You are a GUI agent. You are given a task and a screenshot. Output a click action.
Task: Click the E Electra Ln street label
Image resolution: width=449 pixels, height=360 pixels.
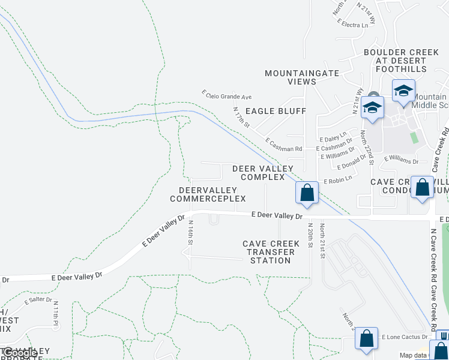[x=352, y=25]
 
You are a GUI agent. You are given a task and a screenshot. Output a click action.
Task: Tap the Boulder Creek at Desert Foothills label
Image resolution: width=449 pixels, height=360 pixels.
[x=401, y=61]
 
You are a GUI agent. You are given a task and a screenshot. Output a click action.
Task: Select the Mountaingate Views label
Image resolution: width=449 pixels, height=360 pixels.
[x=302, y=77]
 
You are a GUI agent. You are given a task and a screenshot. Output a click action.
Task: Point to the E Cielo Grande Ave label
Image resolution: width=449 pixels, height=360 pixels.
[x=226, y=95]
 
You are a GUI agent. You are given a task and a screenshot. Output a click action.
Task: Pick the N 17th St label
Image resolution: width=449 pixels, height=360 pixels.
[x=241, y=118]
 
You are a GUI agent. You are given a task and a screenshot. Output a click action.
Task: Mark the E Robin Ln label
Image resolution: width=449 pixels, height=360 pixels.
[x=337, y=181]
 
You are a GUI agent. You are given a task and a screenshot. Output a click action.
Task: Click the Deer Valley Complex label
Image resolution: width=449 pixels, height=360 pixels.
[x=263, y=173]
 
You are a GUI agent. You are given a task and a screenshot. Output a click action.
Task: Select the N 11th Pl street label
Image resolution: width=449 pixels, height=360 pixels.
[x=55, y=316]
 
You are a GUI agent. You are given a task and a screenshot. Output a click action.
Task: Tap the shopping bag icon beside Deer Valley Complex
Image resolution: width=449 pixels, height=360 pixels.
[x=307, y=193]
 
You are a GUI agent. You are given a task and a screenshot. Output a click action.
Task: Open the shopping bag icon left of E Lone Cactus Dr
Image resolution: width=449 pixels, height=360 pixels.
[x=366, y=338]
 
